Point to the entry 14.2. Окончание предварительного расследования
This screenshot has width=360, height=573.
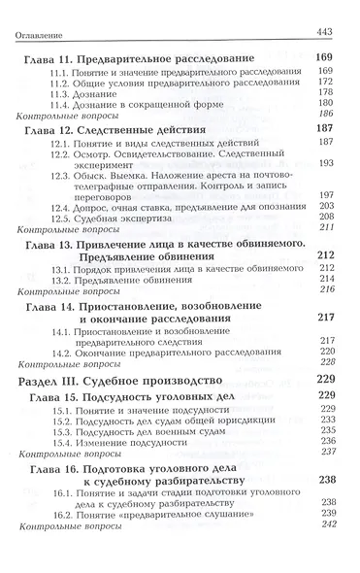(176, 351)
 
